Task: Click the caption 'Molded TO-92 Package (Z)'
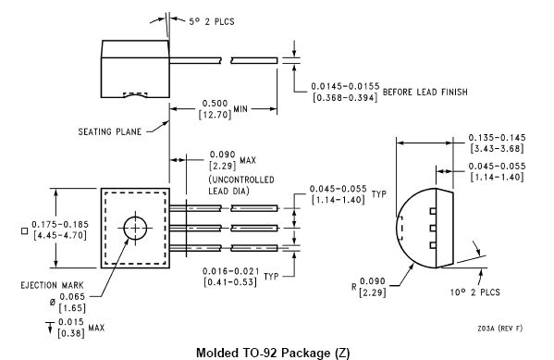[x=273, y=353]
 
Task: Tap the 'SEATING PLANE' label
[x=109, y=131]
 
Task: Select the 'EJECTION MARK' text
[x=53, y=285]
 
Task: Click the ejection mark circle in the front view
[x=135, y=228]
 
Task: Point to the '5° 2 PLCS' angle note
[x=211, y=21]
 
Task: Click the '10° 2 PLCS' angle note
[x=474, y=292]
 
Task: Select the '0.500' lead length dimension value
[x=215, y=104]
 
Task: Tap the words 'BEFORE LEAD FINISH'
[x=425, y=92]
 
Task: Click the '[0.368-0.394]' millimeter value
[x=345, y=97]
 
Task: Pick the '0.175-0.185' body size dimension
[x=60, y=224]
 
